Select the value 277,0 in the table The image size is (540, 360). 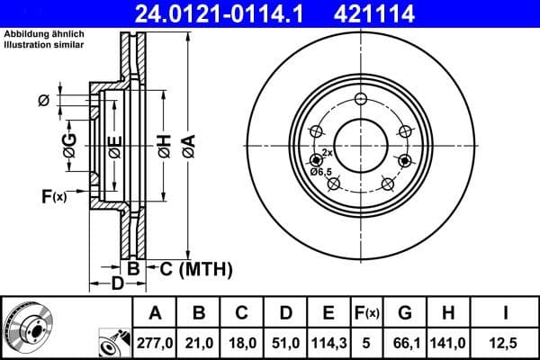click(154, 342)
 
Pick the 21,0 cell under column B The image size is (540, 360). click(199, 342)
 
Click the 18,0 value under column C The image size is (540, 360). click(241, 342)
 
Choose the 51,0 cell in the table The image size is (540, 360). click(284, 342)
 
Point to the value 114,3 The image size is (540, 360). click(328, 342)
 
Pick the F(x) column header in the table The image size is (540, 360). click(369, 314)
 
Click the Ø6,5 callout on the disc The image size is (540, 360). click(321, 171)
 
